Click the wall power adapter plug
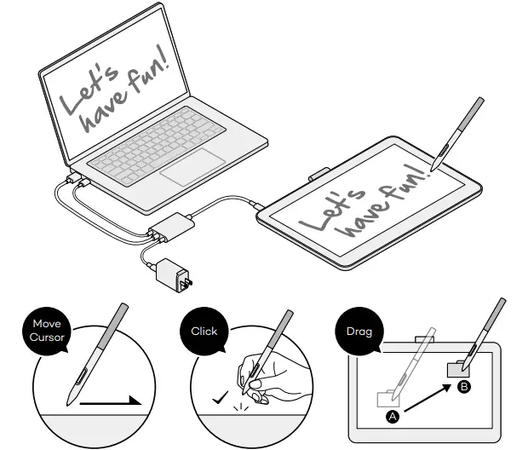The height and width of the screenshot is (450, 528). point(173,274)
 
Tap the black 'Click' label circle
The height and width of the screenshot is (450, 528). point(204,331)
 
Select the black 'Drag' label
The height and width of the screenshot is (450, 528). point(359,331)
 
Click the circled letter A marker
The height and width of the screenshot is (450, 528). point(393,417)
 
